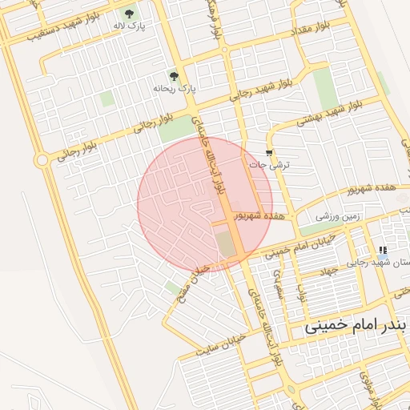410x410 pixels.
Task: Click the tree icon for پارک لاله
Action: coord(129,13)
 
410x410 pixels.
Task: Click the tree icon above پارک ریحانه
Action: coord(175,76)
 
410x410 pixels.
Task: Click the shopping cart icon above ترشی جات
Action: coord(269,152)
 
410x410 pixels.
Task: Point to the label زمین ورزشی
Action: coord(337,216)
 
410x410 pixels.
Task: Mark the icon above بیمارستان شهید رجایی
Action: coord(381,251)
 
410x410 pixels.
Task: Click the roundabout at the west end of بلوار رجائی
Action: coord(41,160)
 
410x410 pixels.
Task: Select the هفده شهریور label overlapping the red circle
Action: coord(258,216)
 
